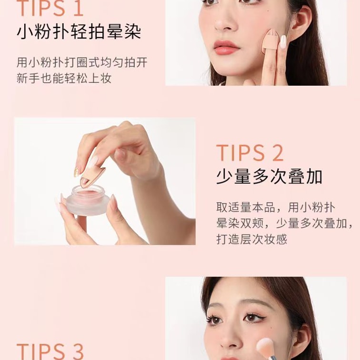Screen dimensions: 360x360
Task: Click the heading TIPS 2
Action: pyautogui.click(x=250, y=153)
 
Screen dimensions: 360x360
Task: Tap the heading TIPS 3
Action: pyautogui.click(x=50, y=352)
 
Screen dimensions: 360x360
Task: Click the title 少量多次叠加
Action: pyautogui.click(x=269, y=177)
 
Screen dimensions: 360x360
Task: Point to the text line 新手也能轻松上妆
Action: pyautogui.click(x=64, y=78)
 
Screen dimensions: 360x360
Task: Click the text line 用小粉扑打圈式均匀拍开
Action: pyautogui.click(x=82, y=62)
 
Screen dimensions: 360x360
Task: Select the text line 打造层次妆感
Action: pyautogui.click(x=251, y=239)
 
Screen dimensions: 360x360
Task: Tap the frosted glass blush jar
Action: pyautogui.click(x=87, y=200)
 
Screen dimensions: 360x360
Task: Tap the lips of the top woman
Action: pyautogui.click(x=226, y=48)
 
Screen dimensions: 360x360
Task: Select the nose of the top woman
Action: pyautogui.click(x=222, y=22)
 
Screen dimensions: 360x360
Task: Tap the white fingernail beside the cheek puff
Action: pyautogui.click(x=283, y=42)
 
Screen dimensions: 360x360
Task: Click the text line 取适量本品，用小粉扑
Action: pyautogui.click(x=276, y=208)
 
